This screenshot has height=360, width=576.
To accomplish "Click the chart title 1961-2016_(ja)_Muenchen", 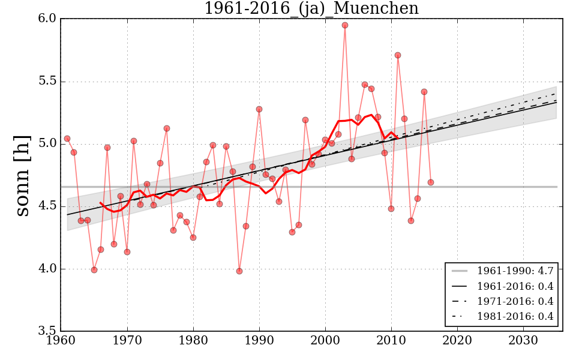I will [311, 8].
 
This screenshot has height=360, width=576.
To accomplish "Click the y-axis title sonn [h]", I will [23, 175].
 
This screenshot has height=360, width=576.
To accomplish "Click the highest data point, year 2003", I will [345, 25].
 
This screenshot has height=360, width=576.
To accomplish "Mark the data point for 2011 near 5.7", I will [398, 55].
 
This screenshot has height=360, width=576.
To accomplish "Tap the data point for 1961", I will [67, 139].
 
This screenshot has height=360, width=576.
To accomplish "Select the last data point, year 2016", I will [431, 182].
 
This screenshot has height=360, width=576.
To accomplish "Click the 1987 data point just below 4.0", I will [239, 271].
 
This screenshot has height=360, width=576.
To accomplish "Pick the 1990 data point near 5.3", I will [259, 109].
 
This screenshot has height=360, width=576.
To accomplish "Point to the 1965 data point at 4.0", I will [94, 270].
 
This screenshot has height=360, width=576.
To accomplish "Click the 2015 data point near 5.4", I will [424, 92].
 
